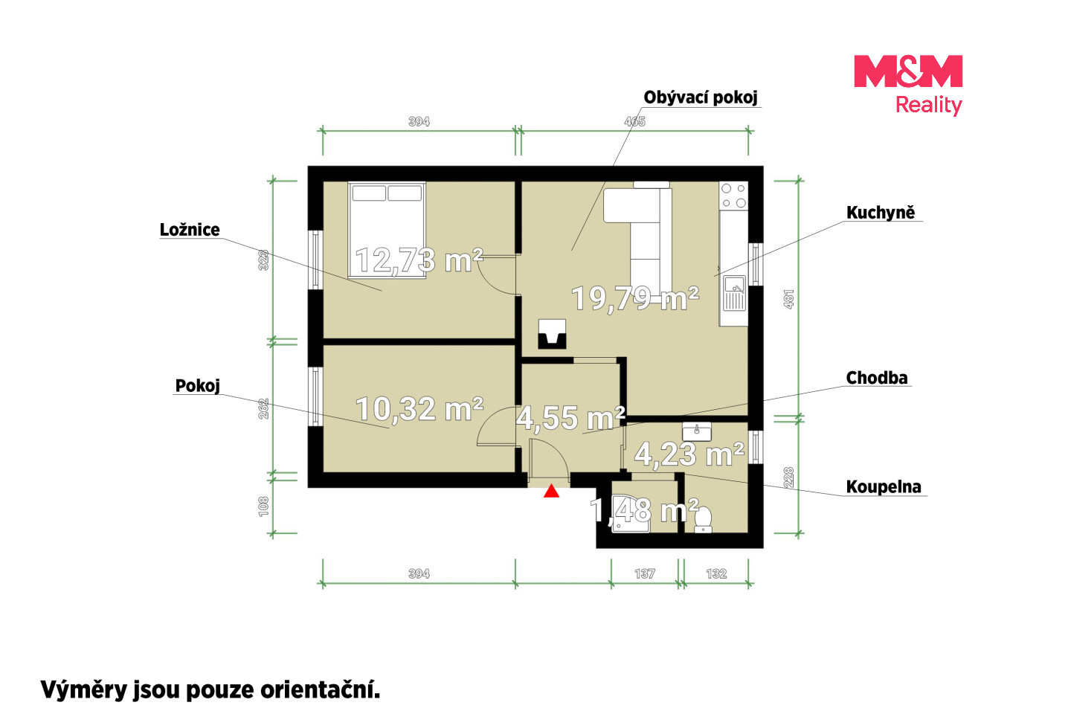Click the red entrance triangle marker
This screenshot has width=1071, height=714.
[551, 491]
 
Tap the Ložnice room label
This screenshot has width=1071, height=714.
[190, 230]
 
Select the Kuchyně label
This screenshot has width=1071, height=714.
[881, 213]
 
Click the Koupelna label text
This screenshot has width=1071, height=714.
[884, 487]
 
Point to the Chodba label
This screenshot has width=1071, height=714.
[876, 378]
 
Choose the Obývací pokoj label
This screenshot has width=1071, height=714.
[701, 97]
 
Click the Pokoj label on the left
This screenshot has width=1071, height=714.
[198, 386]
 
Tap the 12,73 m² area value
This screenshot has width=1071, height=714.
[419, 260]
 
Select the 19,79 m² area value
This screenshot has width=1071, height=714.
[635, 298]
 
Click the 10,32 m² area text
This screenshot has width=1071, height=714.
[419, 409]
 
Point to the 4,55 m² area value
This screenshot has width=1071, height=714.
[570, 417]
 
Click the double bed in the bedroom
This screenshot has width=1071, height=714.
[387, 230]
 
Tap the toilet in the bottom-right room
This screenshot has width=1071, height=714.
[703, 520]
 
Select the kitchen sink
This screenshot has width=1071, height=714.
[734, 293]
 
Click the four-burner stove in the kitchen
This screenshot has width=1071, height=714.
[734, 196]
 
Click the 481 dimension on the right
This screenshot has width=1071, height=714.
[789, 299]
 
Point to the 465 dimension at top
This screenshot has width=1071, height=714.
[635, 121]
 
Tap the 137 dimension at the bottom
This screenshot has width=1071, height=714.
[645, 573]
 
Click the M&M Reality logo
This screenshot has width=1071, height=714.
[908, 85]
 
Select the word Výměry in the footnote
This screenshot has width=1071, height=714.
[83, 690]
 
